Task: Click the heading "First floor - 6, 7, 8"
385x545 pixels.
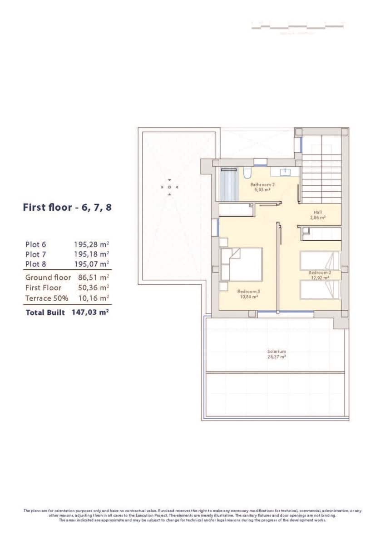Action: pyautogui.click(x=67, y=208)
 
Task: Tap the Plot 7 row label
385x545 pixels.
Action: pyautogui.click(x=35, y=254)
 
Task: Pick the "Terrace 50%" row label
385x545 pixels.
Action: pyautogui.click(x=47, y=298)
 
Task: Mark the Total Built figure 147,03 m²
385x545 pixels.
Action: pyautogui.click(x=90, y=312)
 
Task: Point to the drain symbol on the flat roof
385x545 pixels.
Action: pyautogui.click(x=169, y=187)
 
